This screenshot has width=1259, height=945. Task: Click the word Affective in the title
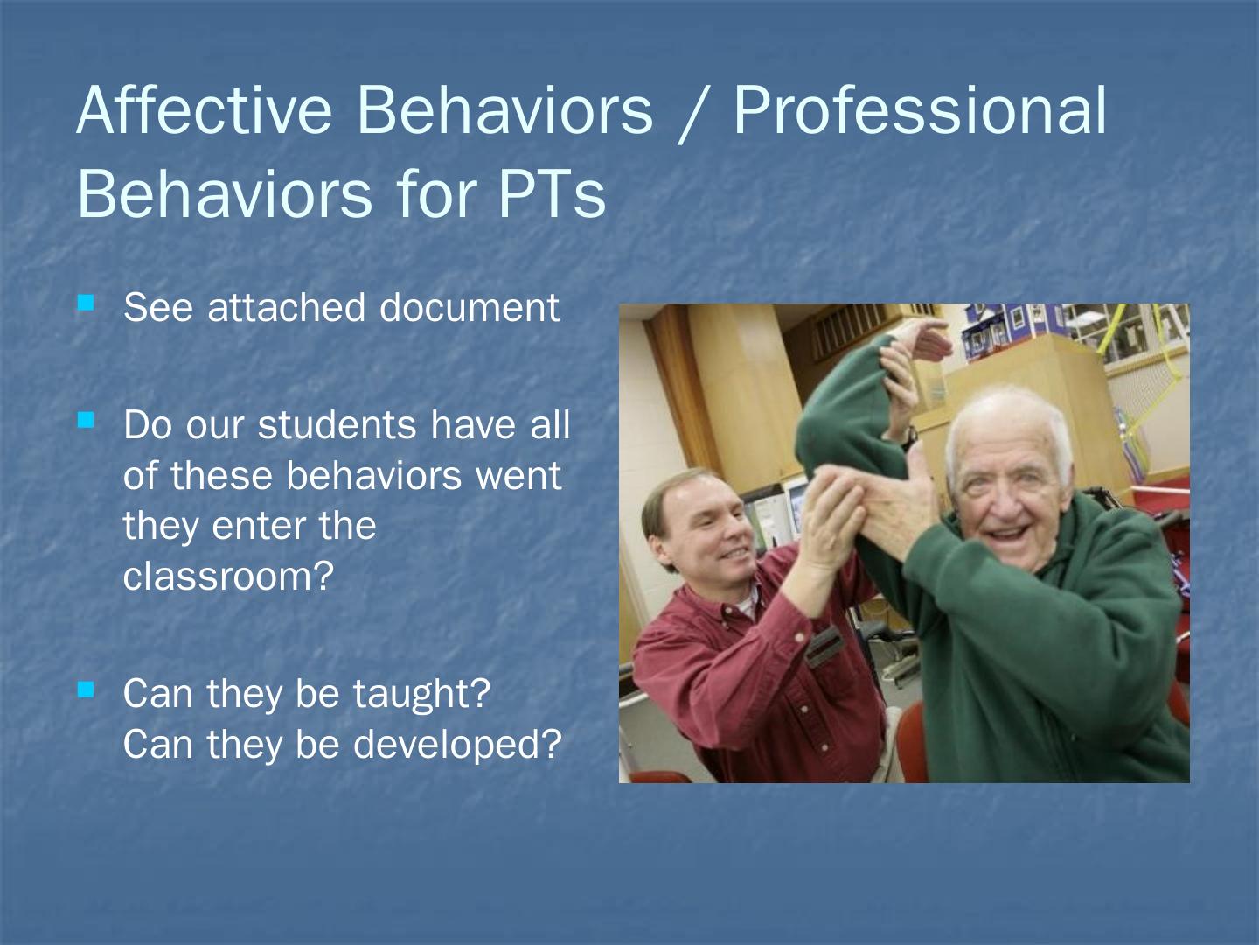(205, 109)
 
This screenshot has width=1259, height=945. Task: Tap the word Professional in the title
(920, 110)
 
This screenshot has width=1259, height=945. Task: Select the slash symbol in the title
(693, 113)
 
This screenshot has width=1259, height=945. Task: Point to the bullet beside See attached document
(86, 303)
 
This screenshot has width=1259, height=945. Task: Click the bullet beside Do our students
(86, 420)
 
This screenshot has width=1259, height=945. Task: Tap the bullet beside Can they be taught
(86, 689)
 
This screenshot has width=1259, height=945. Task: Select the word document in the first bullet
(470, 307)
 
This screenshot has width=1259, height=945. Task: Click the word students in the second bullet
(337, 425)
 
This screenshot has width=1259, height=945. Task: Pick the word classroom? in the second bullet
(228, 576)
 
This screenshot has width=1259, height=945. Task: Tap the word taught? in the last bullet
(421, 694)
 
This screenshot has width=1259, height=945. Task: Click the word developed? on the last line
(457, 744)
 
